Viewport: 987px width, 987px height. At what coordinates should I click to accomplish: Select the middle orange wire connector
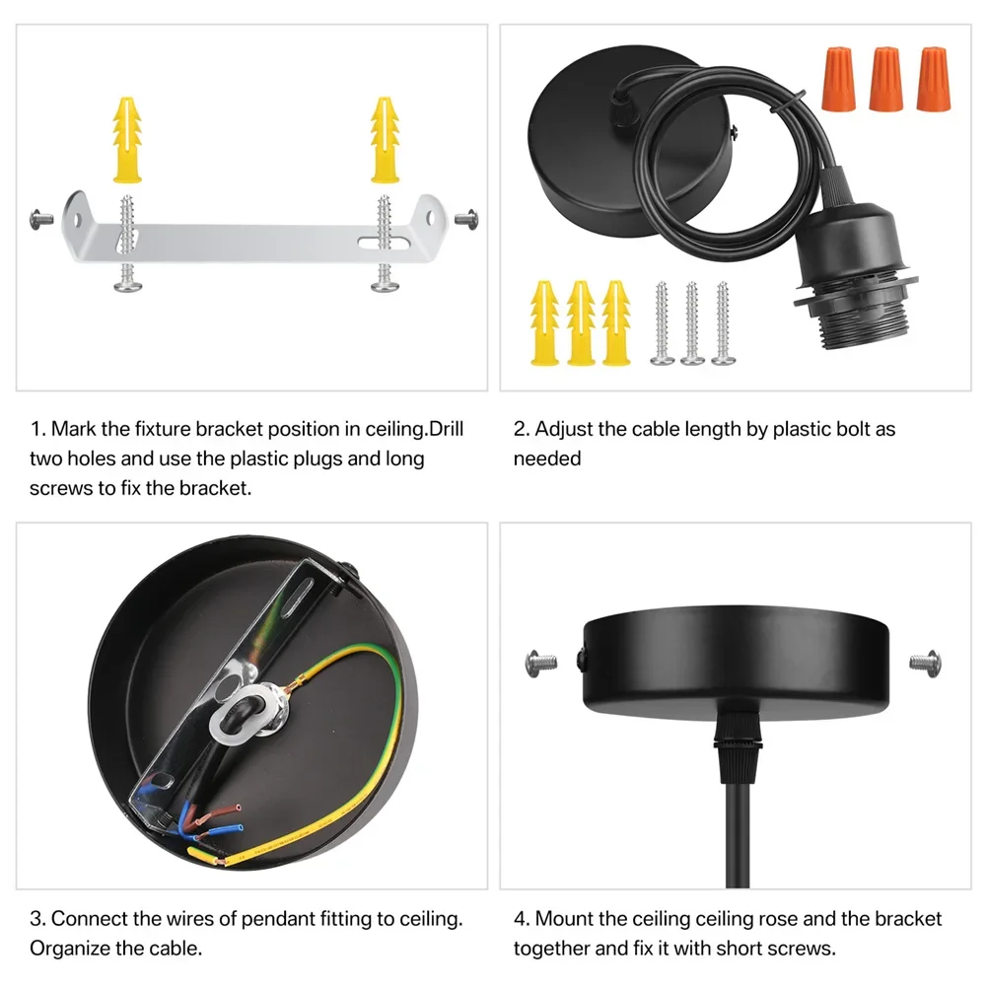[885, 79]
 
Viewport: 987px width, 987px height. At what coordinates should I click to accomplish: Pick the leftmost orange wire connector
[836, 79]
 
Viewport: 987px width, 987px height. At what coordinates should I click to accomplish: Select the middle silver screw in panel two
[692, 324]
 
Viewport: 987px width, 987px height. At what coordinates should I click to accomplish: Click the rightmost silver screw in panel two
[722, 324]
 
